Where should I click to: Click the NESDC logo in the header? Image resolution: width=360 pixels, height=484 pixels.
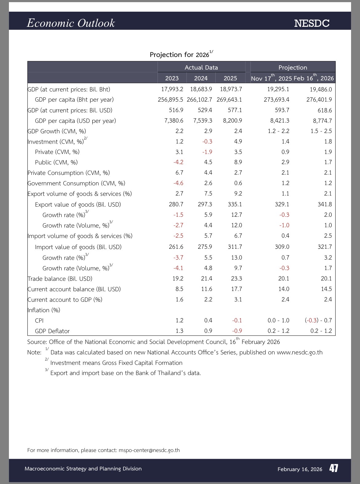pyautogui.click(x=312, y=23)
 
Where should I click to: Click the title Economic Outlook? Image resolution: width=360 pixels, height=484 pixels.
pyautogui.click(x=71, y=23)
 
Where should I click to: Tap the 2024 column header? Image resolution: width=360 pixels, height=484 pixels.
pyautogui.click(x=201, y=78)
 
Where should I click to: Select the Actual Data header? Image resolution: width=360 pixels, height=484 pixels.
pyautogui.click(x=201, y=67)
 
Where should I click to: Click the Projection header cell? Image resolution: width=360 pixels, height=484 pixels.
pyautogui.click(x=293, y=67)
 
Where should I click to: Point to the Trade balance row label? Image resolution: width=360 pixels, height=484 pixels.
pyautogui.click(x=60, y=279)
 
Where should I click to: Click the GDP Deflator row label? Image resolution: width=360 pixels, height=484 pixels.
pyautogui.click(x=52, y=331)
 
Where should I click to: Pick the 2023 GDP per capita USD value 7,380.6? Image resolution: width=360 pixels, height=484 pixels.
pyautogui.click(x=174, y=121)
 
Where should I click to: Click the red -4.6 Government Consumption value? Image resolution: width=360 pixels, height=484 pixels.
pyautogui.click(x=178, y=183)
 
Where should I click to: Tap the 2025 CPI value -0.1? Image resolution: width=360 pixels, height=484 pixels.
pyautogui.click(x=237, y=321)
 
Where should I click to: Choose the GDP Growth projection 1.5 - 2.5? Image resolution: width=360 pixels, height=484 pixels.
pyautogui.click(x=321, y=131)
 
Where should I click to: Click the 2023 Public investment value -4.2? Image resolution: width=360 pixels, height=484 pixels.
pyautogui.click(x=178, y=162)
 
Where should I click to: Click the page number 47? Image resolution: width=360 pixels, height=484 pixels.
pyautogui.click(x=334, y=469)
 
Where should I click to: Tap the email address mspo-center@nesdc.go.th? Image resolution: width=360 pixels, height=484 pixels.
pyautogui.click(x=149, y=450)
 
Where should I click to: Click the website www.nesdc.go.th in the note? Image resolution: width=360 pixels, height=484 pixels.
pyautogui.click(x=299, y=353)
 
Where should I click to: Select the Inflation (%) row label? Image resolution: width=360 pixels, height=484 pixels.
pyautogui.click(x=44, y=310)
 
